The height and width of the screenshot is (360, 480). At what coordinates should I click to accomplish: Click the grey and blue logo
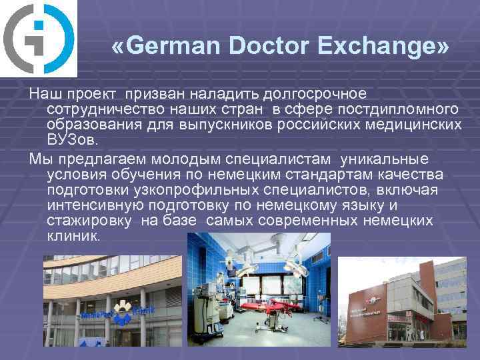click(x=39, y=39)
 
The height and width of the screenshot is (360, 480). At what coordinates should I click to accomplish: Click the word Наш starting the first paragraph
click(x=45, y=93)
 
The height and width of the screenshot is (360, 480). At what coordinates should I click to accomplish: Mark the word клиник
click(x=73, y=237)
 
